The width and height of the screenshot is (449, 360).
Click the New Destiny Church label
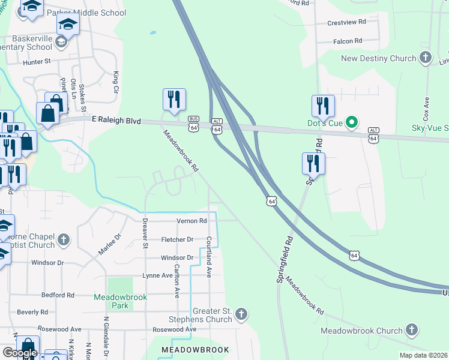pos(378,58)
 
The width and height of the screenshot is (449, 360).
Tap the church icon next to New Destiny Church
pos(426,58)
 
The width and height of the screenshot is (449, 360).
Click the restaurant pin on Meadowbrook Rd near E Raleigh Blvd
pos(174,100)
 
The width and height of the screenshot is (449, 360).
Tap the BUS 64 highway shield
pos(193,124)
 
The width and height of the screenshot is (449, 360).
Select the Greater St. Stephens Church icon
pos(241,314)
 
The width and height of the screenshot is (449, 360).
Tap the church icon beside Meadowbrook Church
pos(411,329)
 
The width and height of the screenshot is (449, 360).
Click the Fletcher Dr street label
pos(177,239)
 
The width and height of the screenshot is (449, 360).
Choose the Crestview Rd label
pos(346,22)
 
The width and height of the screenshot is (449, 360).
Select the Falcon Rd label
pos(349,41)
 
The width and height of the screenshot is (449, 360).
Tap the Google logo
pos(19,353)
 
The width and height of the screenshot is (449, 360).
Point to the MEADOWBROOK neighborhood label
pos(196,349)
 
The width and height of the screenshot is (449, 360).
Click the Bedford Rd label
pos(58,295)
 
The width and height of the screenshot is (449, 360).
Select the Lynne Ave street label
pos(157,275)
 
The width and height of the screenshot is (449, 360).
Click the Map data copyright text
pos(423,355)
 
